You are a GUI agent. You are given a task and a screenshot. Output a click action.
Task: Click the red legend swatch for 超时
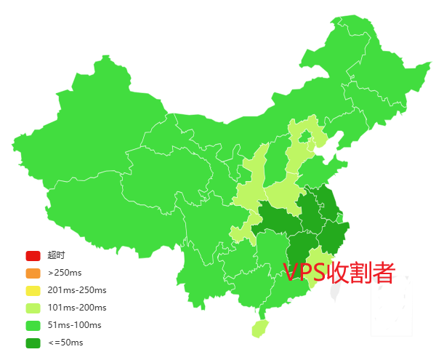[33, 255]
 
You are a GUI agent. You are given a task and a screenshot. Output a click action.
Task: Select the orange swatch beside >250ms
[33, 273]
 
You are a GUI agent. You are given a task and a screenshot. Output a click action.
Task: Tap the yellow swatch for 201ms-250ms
[33, 290]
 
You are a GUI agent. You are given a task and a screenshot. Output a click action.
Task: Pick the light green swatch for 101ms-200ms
[33, 308]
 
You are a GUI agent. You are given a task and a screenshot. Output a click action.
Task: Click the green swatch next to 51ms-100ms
[33, 325]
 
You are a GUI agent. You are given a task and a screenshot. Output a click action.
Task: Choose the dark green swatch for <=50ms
[33, 343]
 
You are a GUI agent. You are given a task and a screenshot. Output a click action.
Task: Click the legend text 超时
[57, 255]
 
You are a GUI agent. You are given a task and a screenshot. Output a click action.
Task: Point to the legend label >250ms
[65, 273]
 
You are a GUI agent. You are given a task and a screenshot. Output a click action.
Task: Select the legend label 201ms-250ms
[76, 290]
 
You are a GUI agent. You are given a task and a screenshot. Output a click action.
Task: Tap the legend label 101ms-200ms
[76, 308]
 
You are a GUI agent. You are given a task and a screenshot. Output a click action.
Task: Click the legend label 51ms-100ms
[74, 325]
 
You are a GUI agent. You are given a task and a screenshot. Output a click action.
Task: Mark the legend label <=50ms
[65, 343]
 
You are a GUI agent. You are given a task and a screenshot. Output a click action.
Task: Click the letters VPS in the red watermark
[305, 273]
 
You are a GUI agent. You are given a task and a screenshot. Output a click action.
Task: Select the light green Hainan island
[259, 328]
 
